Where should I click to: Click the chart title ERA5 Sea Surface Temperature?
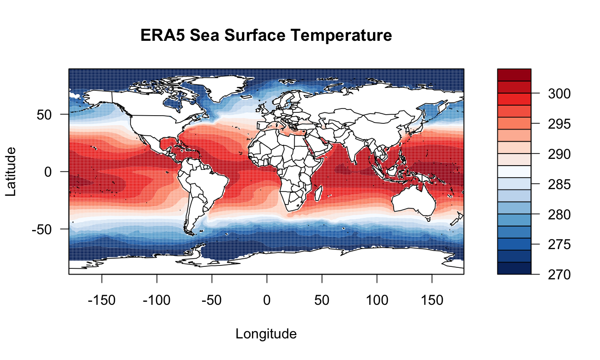(266, 36)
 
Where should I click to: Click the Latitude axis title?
(11, 171)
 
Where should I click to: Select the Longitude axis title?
(266, 334)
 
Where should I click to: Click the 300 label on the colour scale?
(559, 94)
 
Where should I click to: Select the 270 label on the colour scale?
(559, 275)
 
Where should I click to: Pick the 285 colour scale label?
(559, 184)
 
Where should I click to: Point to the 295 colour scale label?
(559, 124)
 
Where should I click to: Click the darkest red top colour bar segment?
(514, 75)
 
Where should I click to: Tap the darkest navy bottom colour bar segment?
(514, 268)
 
